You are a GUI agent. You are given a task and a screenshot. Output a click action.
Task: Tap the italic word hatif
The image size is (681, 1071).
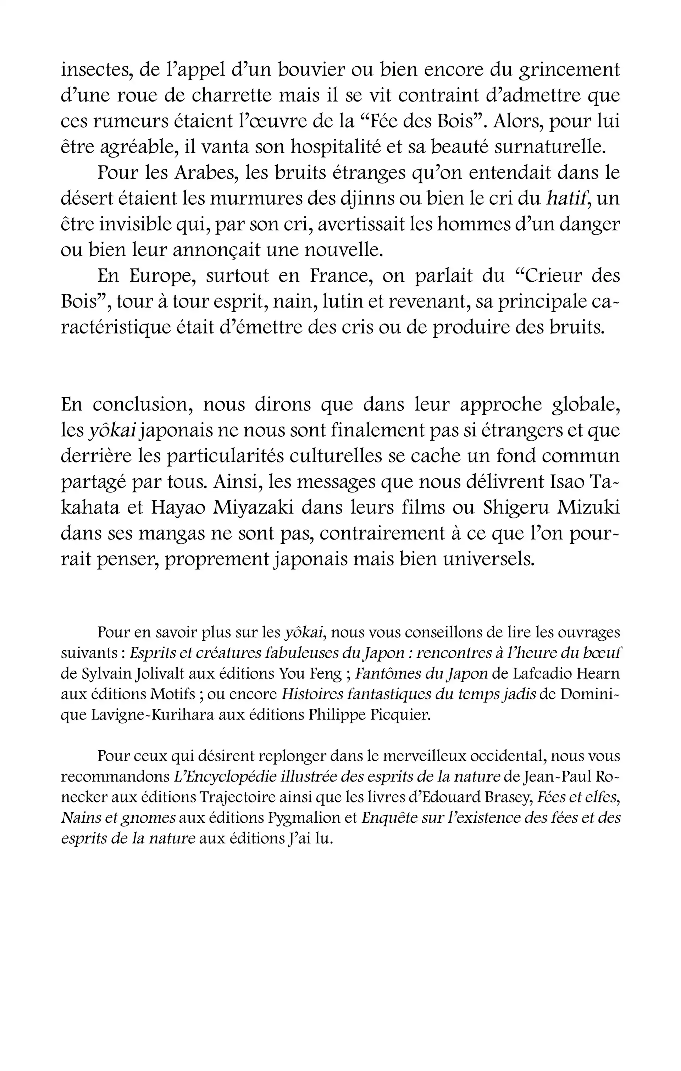pyautogui.click(x=568, y=198)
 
